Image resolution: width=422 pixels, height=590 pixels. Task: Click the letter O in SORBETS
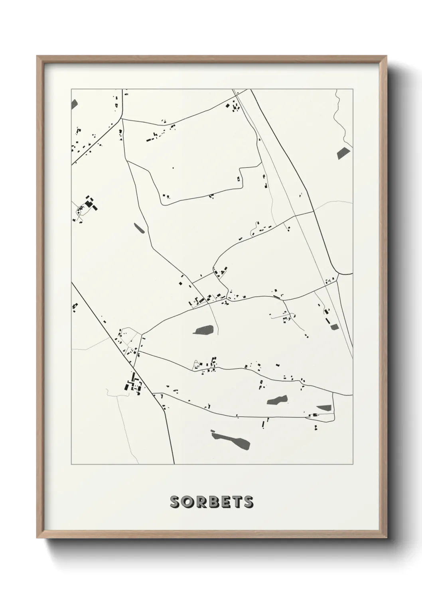pos(187,501)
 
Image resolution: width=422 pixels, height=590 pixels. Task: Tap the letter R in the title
pos(201,501)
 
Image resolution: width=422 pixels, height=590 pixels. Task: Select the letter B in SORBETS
pos(213,501)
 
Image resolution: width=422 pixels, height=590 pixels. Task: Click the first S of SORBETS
pos(175,501)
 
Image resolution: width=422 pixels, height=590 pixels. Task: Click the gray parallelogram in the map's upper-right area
pos(343,153)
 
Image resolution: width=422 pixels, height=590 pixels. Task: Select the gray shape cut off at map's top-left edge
pos(74,104)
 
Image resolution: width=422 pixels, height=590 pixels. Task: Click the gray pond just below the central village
pos(204,330)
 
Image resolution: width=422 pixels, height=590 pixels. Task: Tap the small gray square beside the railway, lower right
pos(334,327)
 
